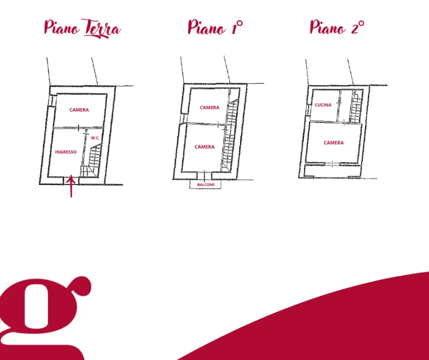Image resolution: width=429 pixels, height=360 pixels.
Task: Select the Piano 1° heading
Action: coord(215,27)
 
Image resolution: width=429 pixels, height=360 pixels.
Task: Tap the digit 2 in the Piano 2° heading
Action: coord(355,27)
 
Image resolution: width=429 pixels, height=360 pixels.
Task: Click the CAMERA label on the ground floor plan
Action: coord(79,110)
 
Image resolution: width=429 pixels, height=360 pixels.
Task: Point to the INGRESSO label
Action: coord(66,152)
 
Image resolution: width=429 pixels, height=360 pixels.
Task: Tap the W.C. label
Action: coord(95,138)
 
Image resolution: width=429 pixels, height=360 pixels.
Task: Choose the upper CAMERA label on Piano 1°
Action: coord(209,107)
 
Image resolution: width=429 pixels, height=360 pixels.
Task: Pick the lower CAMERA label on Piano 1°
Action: coord(204,147)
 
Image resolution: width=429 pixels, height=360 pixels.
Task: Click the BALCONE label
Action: coord(206,184)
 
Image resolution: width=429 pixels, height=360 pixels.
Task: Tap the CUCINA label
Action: coord(323,105)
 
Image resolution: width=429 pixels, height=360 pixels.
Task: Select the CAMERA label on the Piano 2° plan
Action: coord(333,143)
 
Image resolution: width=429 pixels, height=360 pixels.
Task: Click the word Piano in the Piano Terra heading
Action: coord(62,28)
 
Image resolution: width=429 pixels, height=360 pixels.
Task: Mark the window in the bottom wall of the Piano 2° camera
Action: coord(332,163)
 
